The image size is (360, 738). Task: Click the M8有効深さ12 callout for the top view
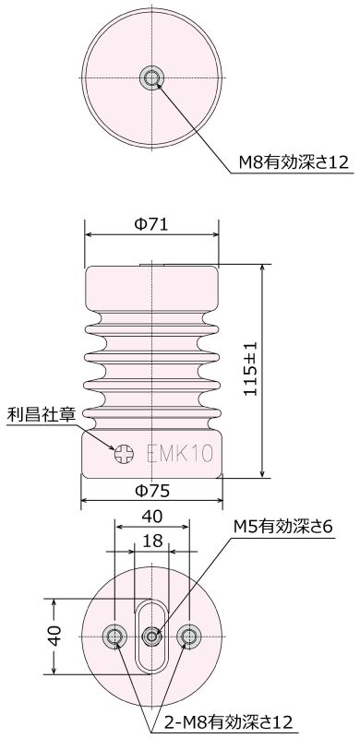(x=294, y=163)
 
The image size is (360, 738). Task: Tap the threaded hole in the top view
(x=151, y=77)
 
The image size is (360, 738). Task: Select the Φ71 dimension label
(x=151, y=224)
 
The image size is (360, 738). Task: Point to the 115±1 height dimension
(x=251, y=368)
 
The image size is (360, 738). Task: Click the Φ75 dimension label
(x=151, y=491)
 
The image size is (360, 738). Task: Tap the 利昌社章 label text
(x=41, y=415)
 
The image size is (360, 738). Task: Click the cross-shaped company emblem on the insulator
(x=124, y=454)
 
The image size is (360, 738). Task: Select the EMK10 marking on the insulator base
(x=180, y=454)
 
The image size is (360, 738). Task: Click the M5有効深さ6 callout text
(x=283, y=526)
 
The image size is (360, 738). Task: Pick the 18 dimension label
(x=151, y=542)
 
